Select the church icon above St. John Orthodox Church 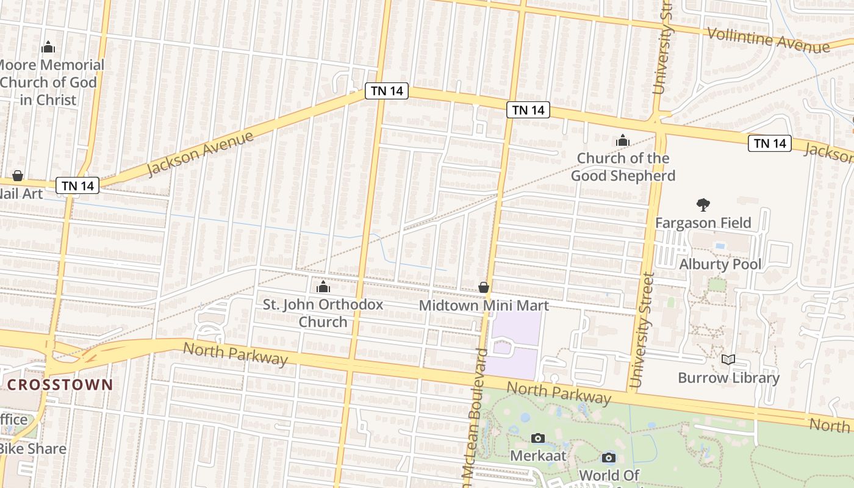(323, 287)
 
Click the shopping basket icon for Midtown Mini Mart (484, 287)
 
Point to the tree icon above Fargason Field (703, 205)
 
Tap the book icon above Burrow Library (728, 360)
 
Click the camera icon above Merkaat (537, 438)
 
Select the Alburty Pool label (720, 264)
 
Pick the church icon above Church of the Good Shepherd (622, 141)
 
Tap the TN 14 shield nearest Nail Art (77, 185)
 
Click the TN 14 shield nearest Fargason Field (770, 143)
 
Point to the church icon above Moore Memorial (48, 47)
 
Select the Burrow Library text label (728, 378)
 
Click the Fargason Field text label (703, 223)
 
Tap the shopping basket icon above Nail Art (18, 176)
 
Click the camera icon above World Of (608, 457)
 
